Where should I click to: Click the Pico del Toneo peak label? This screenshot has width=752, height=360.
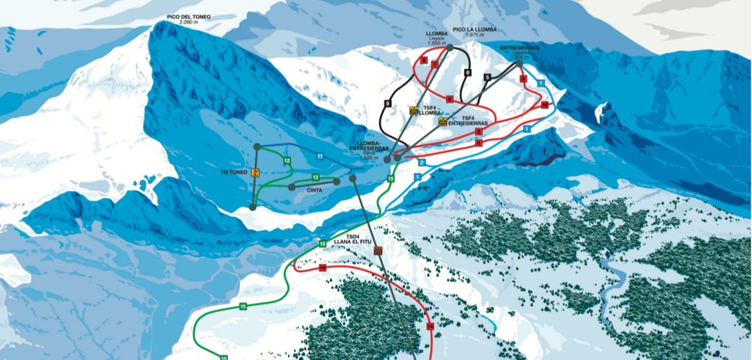tap(190, 15)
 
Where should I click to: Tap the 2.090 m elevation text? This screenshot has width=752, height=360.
tap(189, 22)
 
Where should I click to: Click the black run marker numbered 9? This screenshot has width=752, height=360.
tap(387, 104)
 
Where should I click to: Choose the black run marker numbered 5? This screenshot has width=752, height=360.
tap(488, 77)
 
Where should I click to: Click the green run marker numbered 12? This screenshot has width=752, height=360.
tap(286, 161)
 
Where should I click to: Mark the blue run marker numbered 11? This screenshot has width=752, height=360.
tap(319, 156)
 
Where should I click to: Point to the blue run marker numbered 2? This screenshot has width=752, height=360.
tap(422, 163)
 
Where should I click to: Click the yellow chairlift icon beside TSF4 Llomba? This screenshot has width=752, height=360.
tap(414, 111)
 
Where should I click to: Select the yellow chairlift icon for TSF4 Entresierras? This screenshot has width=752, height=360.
tap(442, 121)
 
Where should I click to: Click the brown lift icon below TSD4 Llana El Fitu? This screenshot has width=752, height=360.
tap(378, 251)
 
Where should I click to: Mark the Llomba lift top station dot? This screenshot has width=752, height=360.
tap(450, 48)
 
